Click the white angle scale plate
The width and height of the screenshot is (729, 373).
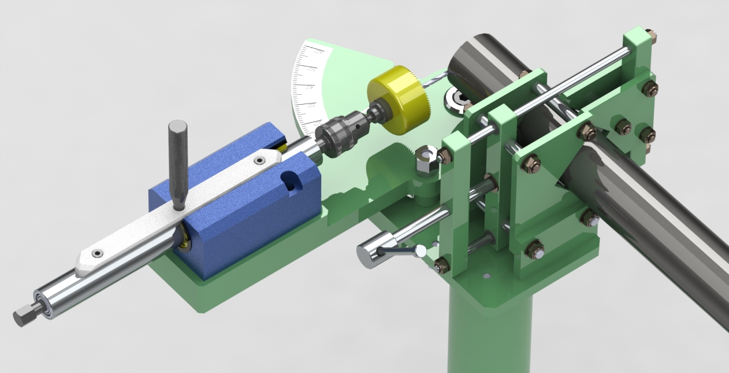tap(309, 87)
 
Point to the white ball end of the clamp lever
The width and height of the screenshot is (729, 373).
tap(422, 250)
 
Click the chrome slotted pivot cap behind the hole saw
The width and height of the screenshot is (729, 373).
tap(457, 99)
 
